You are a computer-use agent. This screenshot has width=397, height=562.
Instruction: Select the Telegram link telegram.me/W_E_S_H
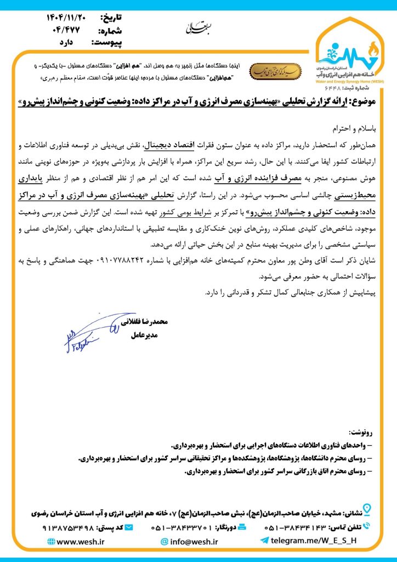coord(315,541)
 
